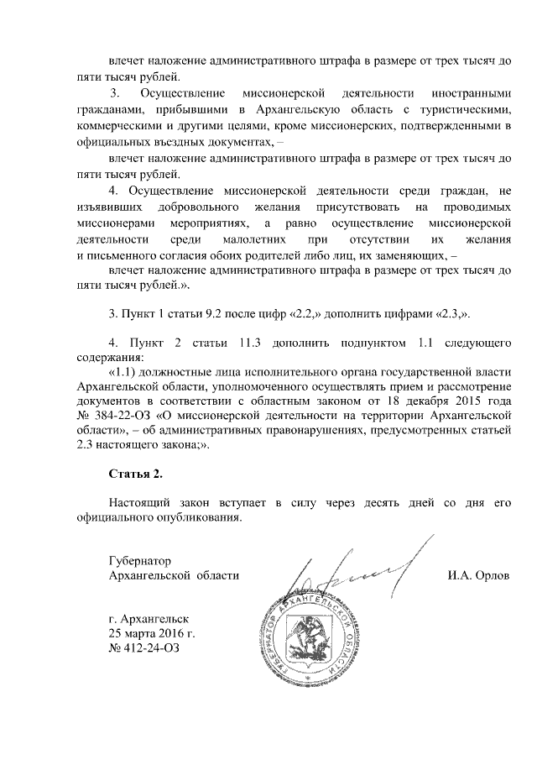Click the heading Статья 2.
[136, 475]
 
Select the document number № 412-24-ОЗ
[144, 648]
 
